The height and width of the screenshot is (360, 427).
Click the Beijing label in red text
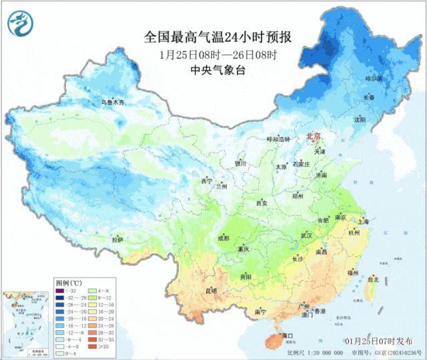pyautogui.click(x=313, y=136)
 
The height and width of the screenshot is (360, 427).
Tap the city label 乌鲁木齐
pyautogui.click(x=113, y=102)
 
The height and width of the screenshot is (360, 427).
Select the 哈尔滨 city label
pyautogui.click(x=374, y=79)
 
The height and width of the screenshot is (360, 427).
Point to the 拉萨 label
pyautogui.click(x=117, y=239)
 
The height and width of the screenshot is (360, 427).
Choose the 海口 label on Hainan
pyautogui.click(x=288, y=335)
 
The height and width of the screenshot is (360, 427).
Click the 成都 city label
pyautogui.click(x=222, y=238)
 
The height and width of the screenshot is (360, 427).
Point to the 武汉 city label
pyautogui.click(x=306, y=235)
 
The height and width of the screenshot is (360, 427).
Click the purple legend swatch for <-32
pyautogui.click(x=59, y=291)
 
